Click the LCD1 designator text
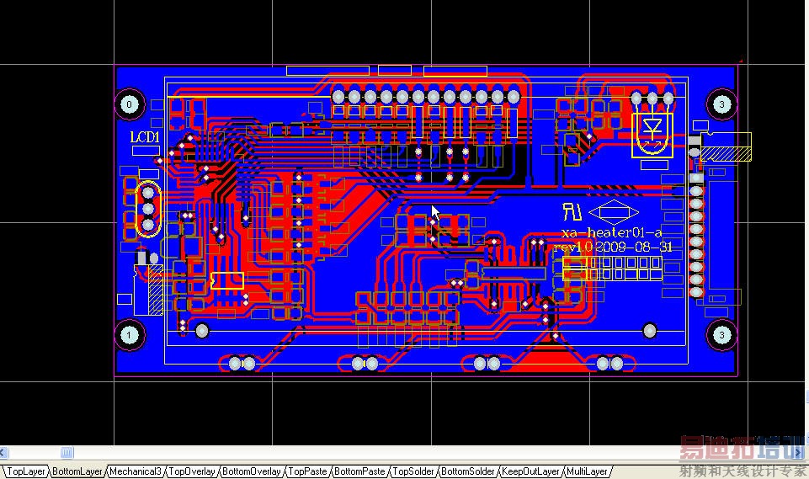[x=144, y=137]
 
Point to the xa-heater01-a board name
[x=612, y=232]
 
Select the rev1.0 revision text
[x=572, y=247]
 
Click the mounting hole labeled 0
[x=129, y=105]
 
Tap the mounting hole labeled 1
[x=129, y=335]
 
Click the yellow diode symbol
[x=652, y=129]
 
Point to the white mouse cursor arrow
[x=434, y=213]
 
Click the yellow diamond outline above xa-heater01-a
[x=613, y=214]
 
